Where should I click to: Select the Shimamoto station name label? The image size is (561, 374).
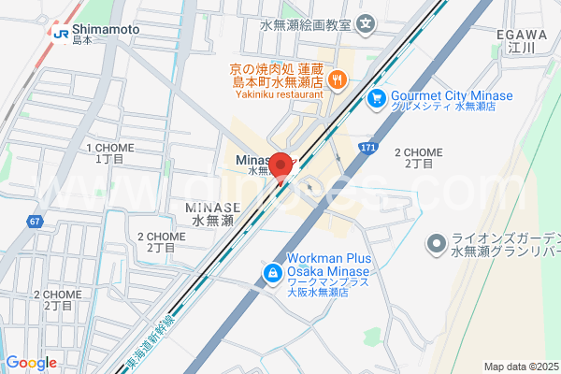point(106,30)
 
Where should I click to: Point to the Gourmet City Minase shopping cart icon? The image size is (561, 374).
point(377,97)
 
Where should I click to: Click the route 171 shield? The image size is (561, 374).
point(370,148)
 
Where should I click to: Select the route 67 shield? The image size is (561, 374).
point(35,222)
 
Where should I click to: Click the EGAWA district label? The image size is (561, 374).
point(514,35)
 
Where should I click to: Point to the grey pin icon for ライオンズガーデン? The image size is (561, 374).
point(435,245)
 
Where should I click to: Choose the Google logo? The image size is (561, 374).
point(31,363)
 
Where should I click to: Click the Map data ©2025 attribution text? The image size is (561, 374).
point(521,367)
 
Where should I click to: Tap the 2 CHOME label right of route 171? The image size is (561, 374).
point(418,152)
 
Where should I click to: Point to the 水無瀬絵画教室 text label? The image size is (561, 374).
point(306,22)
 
